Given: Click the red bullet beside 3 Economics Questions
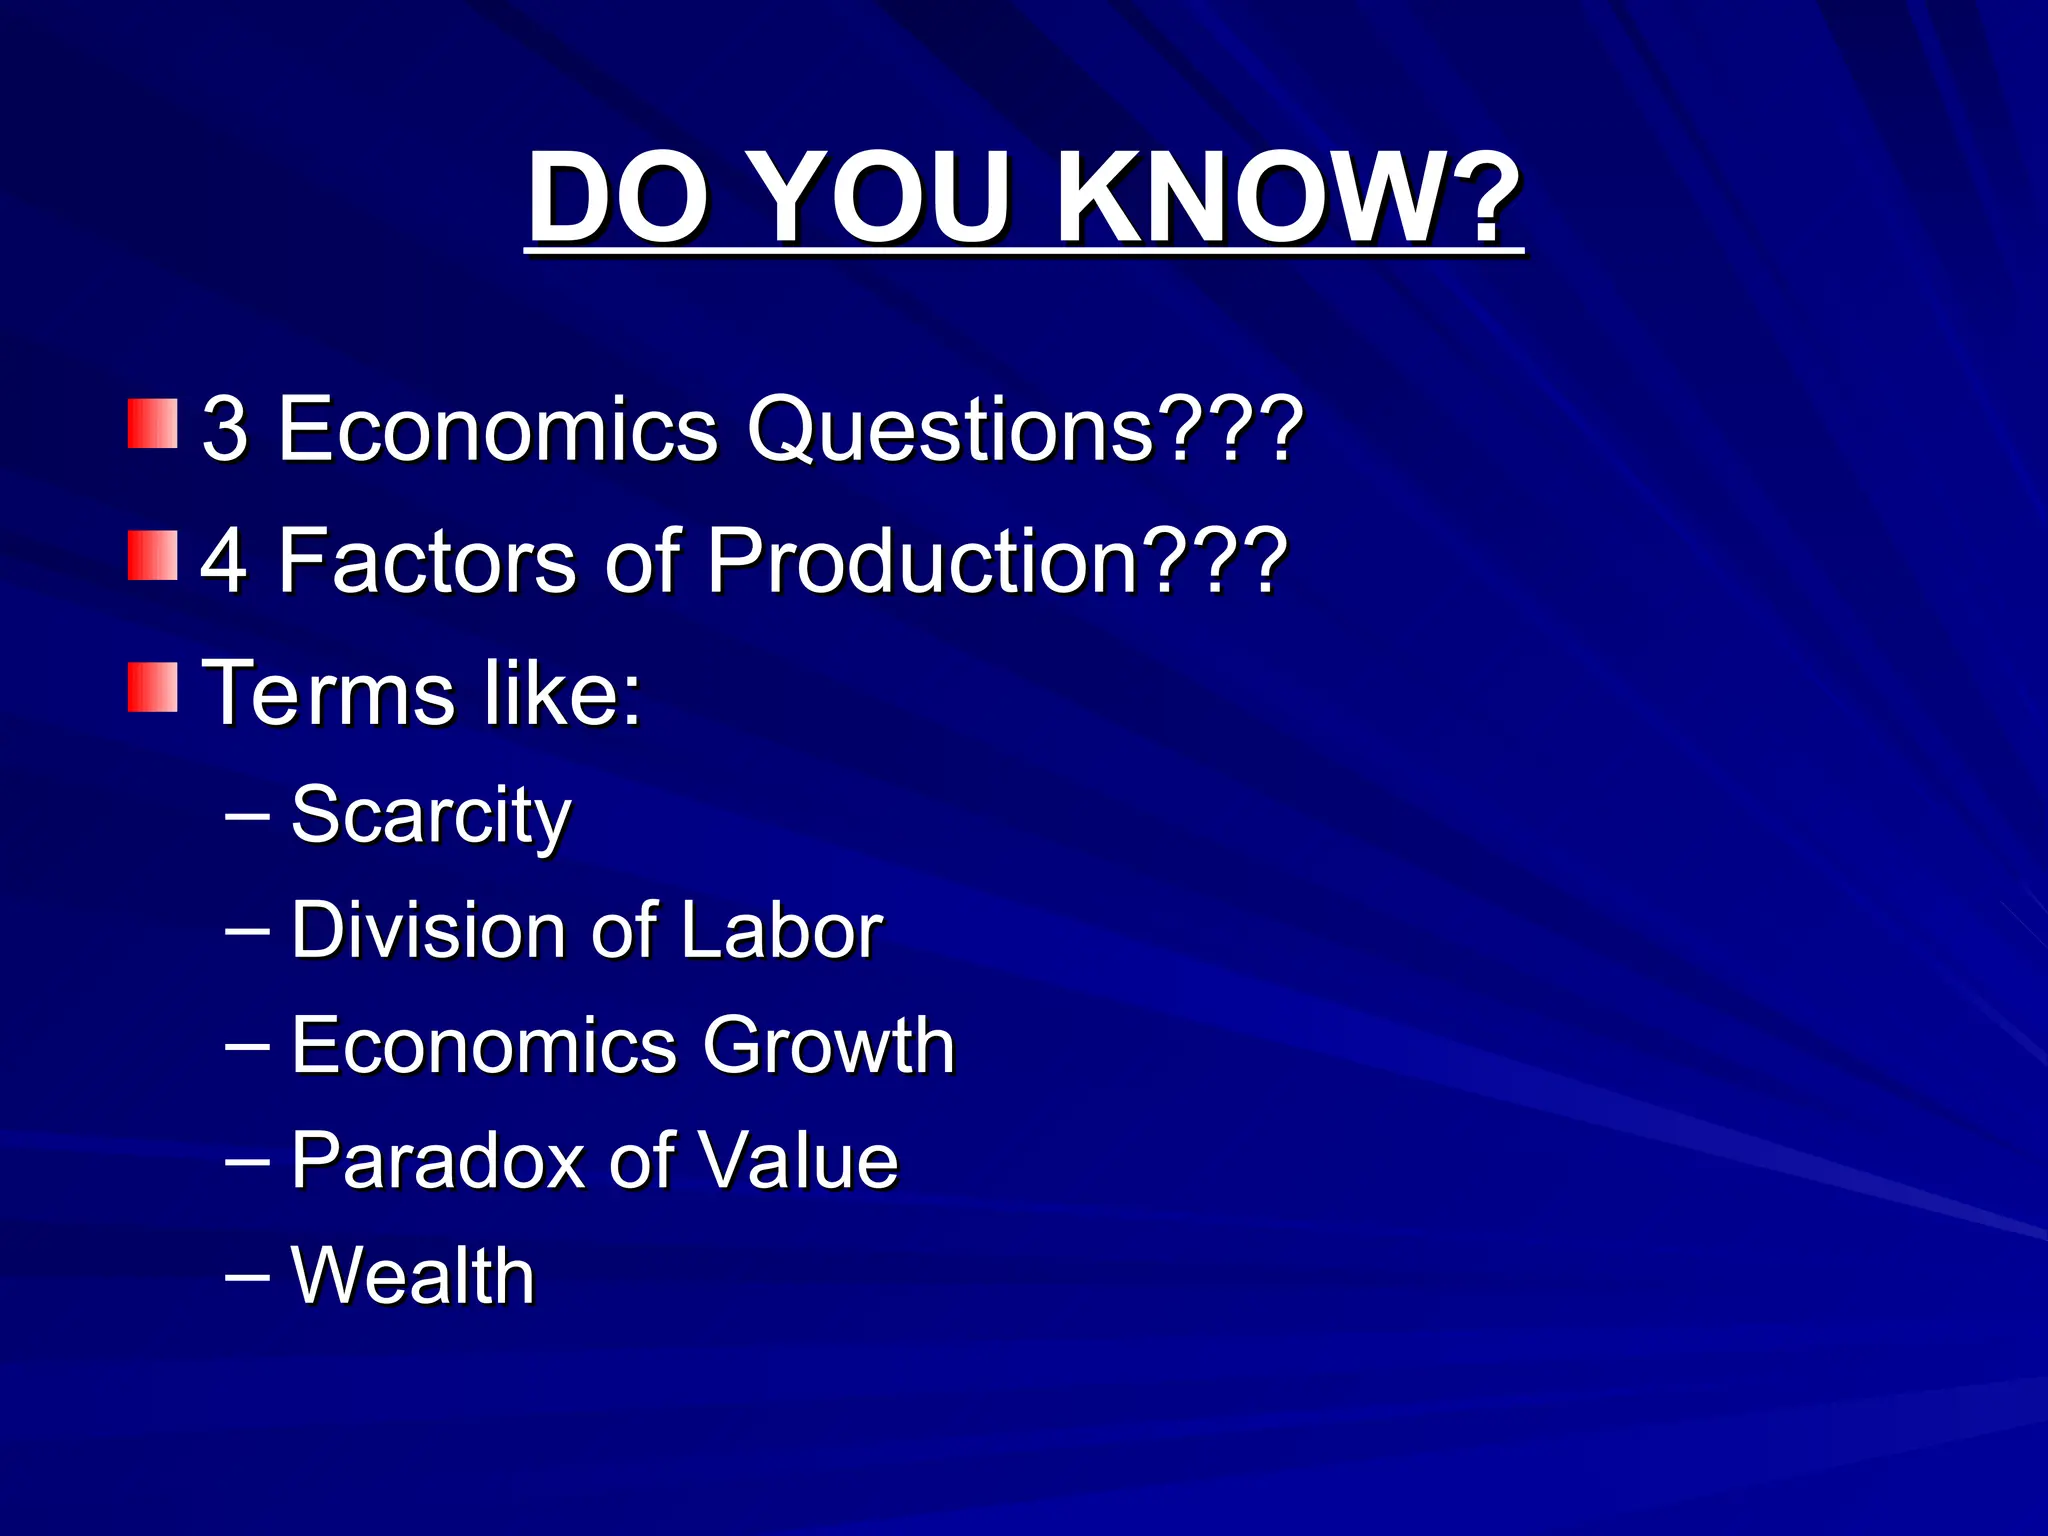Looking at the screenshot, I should click(152, 424).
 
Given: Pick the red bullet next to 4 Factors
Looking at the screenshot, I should click(152, 556).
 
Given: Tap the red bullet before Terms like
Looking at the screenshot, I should click(152, 687).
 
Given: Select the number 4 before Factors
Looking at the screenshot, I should click(224, 560).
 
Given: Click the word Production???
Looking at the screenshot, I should click(996, 560).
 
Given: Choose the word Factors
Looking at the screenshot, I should click(428, 560).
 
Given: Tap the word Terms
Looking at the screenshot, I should click(328, 692).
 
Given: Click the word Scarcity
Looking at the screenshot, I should click(430, 816).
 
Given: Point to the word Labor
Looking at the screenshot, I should click(781, 930).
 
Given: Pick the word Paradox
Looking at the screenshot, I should click(437, 1160).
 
